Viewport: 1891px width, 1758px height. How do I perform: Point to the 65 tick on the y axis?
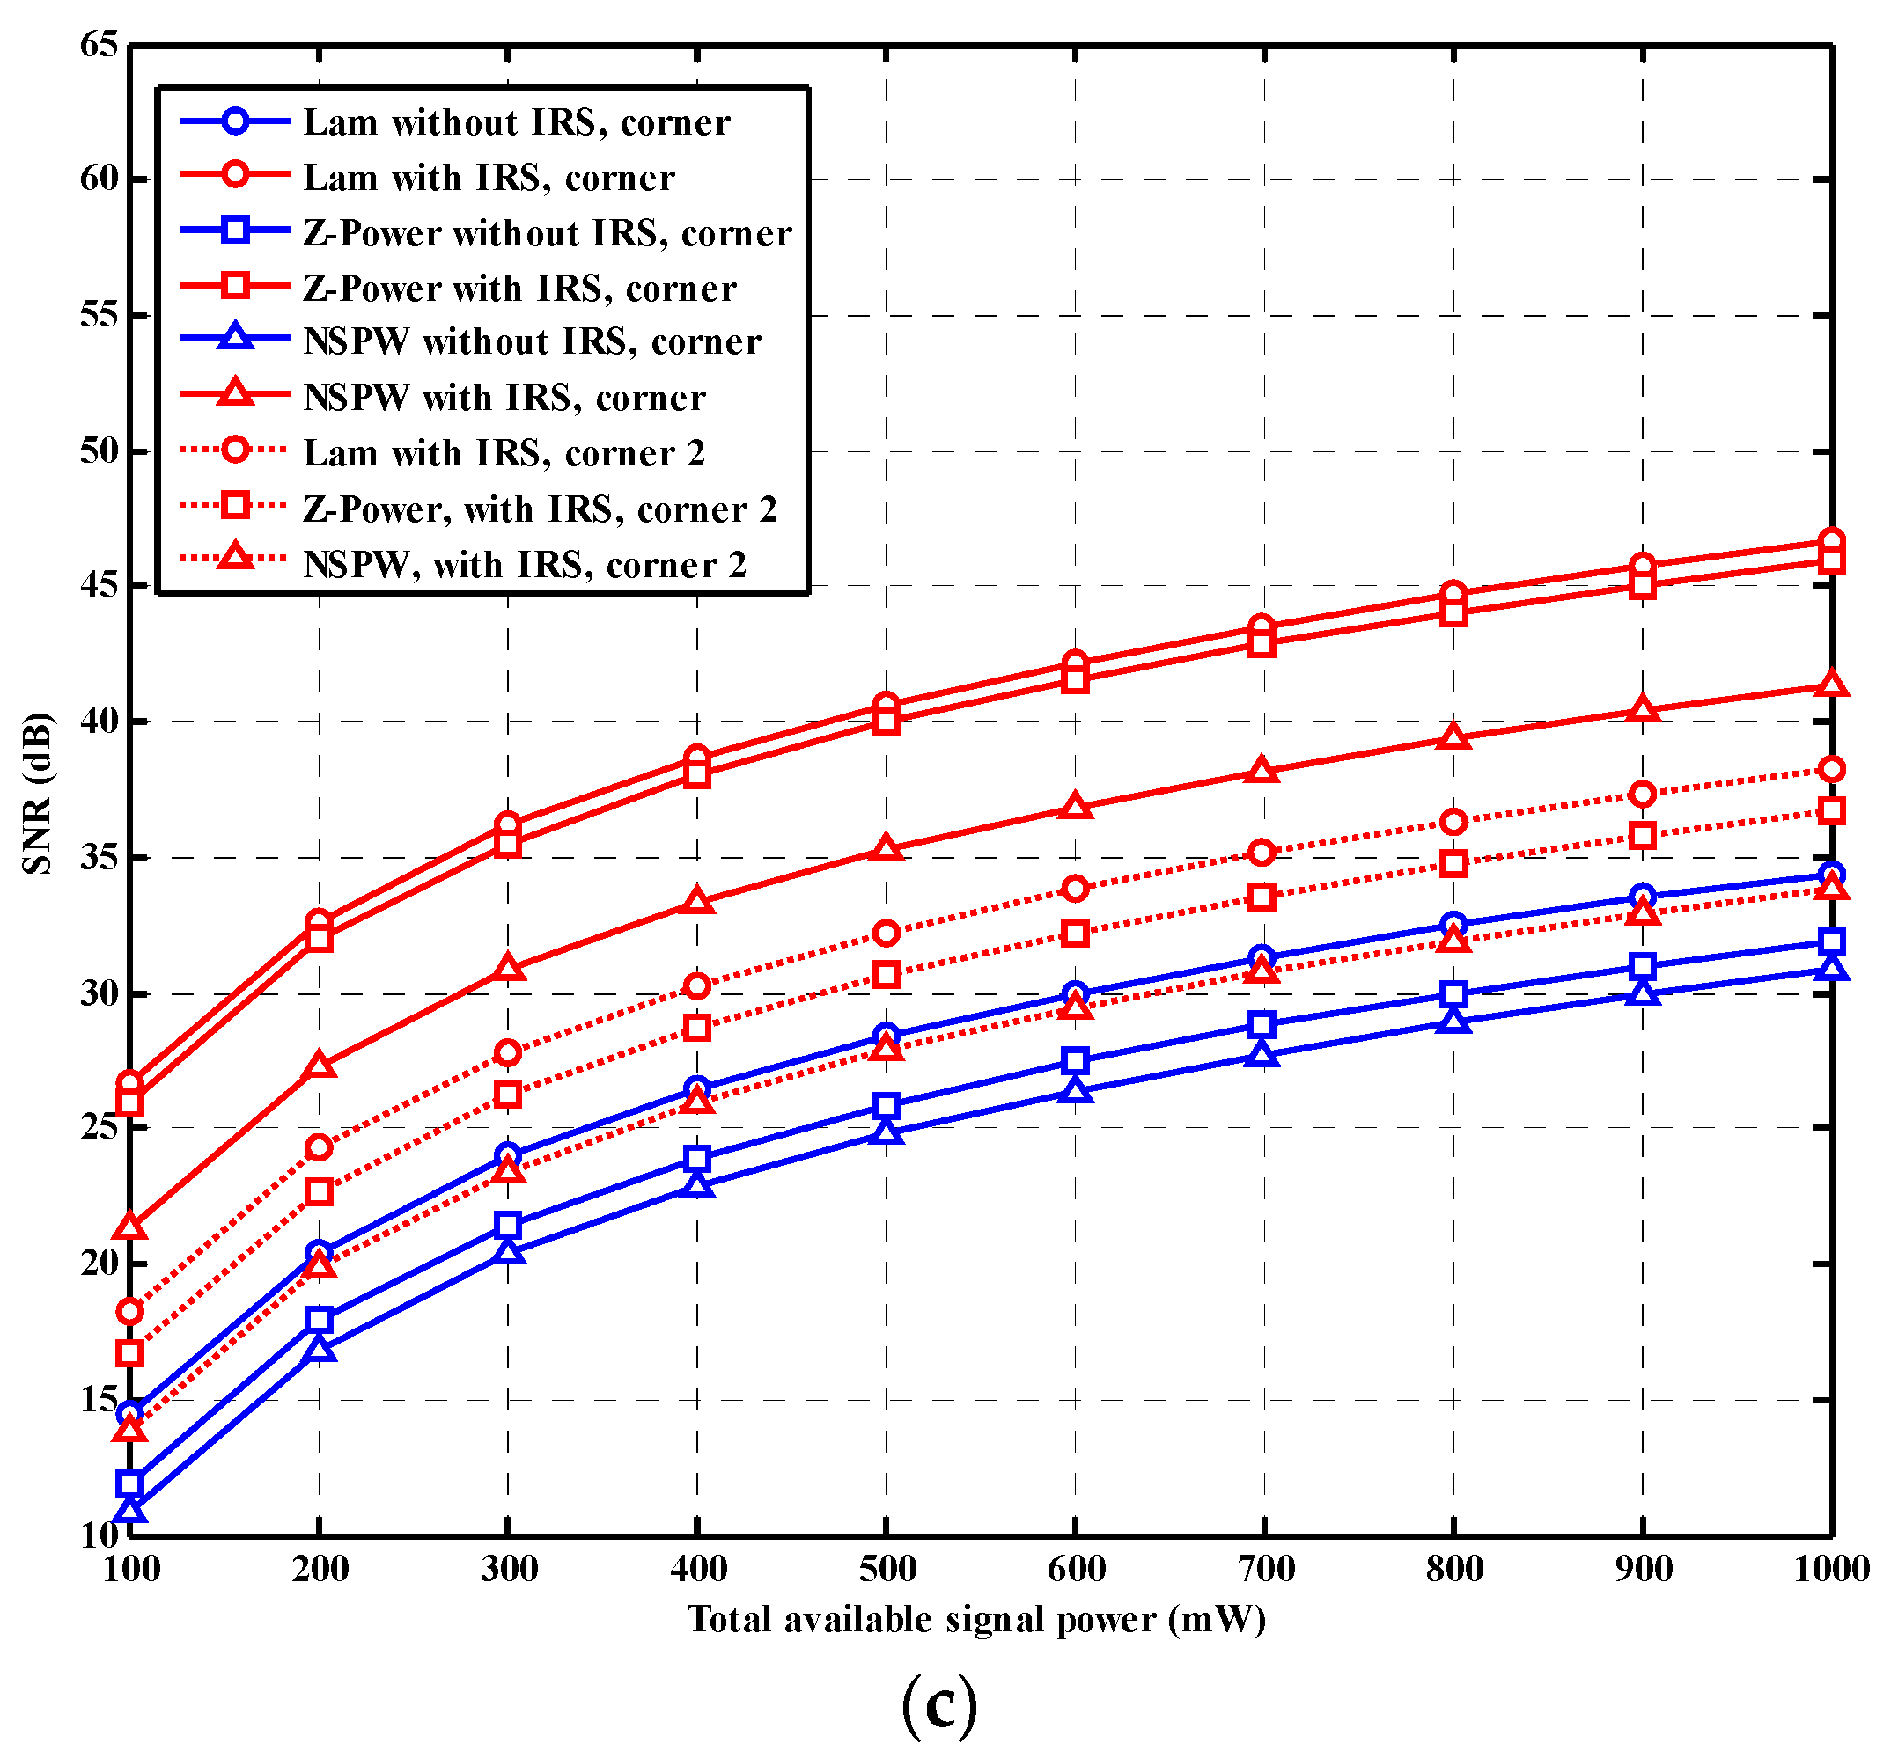click(x=99, y=44)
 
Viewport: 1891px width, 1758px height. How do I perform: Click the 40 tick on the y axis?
click(x=99, y=721)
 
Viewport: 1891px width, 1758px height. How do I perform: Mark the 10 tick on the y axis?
click(x=99, y=1535)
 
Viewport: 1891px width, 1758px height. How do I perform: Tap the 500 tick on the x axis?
click(x=887, y=1569)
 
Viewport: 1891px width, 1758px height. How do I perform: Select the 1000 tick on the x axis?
click(x=1831, y=1569)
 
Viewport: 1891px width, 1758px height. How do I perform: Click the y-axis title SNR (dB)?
click(x=38, y=792)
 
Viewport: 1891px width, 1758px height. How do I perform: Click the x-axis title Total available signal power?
click(x=976, y=1619)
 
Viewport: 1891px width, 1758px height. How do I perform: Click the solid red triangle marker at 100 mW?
click(x=130, y=1227)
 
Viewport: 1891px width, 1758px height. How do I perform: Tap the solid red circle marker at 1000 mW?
click(x=1831, y=541)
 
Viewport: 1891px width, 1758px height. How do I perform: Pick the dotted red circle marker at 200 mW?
click(x=319, y=1147)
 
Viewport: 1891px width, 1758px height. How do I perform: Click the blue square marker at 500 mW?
click(x=887, y=1106)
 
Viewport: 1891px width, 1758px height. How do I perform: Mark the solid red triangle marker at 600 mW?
click(x=1075, y=807)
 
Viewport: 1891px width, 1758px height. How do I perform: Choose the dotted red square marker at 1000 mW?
click(x=1831, y=811)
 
